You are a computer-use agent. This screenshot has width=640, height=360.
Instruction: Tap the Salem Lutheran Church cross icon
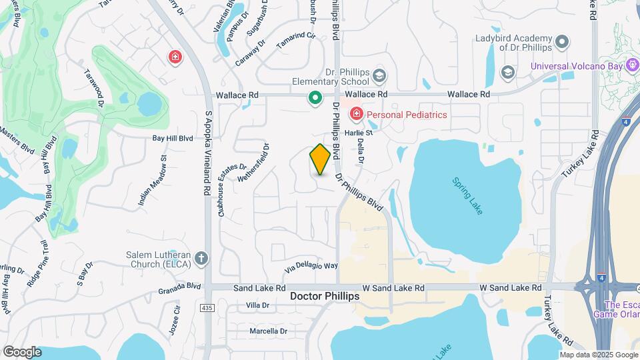[x=202, y=258]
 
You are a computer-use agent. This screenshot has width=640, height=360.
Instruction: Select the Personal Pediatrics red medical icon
[x=356, y=115]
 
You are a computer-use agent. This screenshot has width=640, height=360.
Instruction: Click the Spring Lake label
[x=467, y=195]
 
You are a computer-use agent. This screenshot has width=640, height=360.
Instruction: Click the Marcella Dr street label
[x=268, y=331]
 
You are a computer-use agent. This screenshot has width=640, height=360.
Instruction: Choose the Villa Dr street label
[x=257, y=305]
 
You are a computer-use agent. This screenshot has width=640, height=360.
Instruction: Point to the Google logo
[x=22, y=351]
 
